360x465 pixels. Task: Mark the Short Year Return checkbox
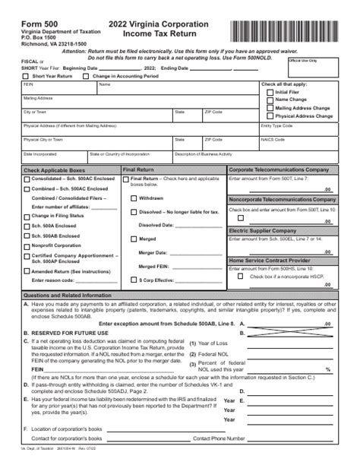coord(27,76)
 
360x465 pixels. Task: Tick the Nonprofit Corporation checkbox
coord(27,245)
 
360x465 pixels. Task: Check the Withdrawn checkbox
coord(134,198)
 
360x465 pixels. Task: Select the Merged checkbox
coord(134,239)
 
